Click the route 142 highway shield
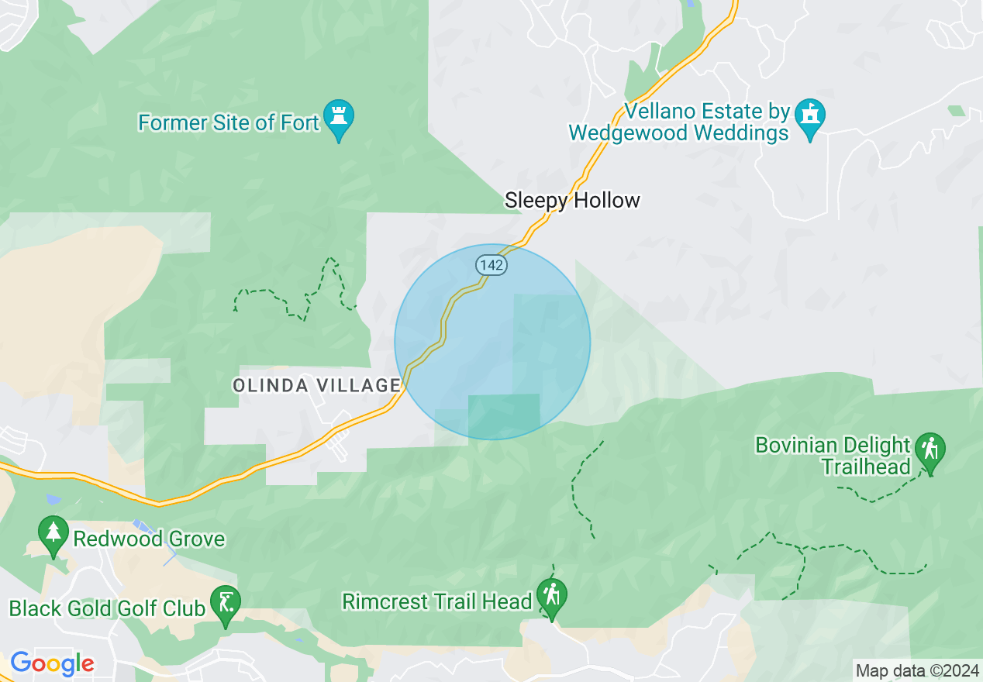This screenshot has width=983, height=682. [x=491, y=265]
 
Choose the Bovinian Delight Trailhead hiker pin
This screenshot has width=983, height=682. [x=930, y=450]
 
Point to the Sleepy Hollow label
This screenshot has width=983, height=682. [x=572, y=201]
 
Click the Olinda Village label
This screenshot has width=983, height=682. [x=316, y=385]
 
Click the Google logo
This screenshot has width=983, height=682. [x=52, y=663]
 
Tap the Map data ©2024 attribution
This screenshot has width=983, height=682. [x=916, y=670]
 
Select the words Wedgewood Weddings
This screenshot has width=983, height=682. [x=678, y=133]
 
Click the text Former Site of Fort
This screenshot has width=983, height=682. [x=229, y=123]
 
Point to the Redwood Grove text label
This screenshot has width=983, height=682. [x=149, y=539]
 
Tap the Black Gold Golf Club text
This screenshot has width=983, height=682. [x=108, y=608]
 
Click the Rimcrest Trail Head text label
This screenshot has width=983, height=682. [x=437, y=602]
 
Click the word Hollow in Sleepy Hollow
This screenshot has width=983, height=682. [x=607, y=201]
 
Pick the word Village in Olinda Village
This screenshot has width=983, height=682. [x=360, y=385]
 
